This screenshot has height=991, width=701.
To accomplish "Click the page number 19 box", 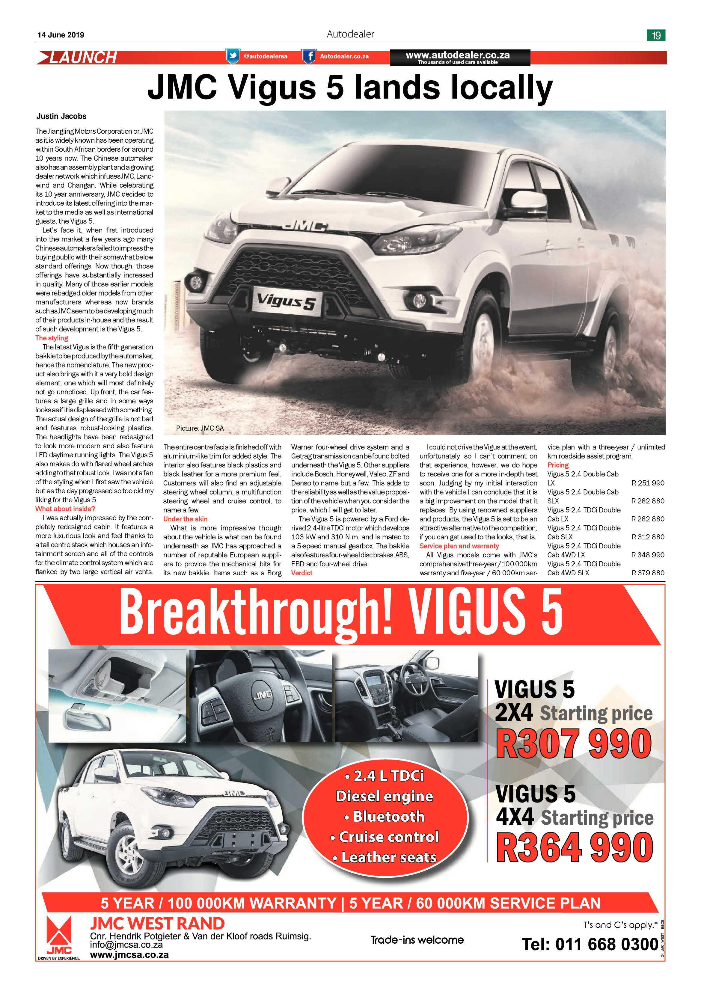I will pos(656,35).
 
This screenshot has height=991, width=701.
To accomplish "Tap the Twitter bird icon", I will pos(232,56).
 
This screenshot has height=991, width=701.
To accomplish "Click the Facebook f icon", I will pos(308,56).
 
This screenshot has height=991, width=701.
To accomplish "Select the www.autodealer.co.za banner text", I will pos(458,55).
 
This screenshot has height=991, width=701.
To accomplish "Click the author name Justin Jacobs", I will pos(61,116).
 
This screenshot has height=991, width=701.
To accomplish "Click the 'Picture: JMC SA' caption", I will pos(200,428).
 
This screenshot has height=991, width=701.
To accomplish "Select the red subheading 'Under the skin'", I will pos(185,519).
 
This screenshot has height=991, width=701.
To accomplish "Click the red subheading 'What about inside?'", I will pos(65,509).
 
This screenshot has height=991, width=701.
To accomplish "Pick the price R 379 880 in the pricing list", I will pos(647,573).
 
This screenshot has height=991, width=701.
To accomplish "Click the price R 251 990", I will pos(647,483).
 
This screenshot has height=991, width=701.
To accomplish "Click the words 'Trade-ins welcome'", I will pos(417,940).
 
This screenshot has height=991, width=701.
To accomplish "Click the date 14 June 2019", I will pos(61,35).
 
